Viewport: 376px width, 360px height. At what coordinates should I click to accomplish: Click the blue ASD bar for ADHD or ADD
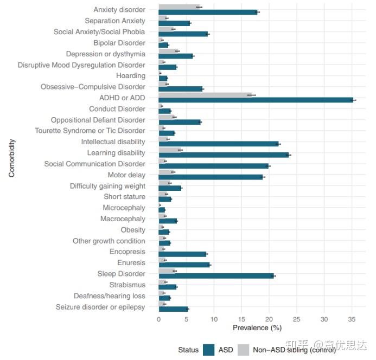(256, 100)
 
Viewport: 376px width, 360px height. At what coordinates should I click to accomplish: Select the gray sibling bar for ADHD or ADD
(205, 95)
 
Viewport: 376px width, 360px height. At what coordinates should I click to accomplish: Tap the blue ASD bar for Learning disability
(224, 155)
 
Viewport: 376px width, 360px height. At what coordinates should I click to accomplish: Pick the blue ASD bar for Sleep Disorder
(216, 276)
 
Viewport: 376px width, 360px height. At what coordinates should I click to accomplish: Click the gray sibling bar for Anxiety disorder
(179, 7)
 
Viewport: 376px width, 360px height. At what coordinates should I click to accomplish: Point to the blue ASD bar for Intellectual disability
(219, 144)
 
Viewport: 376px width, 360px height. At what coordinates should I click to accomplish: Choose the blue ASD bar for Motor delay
(211, 177)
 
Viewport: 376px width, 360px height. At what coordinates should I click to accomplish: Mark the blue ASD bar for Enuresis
(184, 265)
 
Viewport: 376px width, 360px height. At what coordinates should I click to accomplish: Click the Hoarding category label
(131, 76)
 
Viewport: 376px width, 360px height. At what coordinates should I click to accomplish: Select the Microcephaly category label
(124, 208)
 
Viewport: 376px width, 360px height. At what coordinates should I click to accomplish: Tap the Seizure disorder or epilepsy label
(100, 307)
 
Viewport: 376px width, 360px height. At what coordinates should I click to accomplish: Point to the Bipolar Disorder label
(119, 43)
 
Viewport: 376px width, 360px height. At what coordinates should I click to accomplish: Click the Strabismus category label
(128, 285)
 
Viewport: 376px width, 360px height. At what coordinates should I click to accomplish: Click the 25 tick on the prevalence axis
(297, 319)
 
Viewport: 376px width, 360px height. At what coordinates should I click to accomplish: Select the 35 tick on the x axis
(352, 319)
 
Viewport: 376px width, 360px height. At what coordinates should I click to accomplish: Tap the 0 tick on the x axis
(159, 319)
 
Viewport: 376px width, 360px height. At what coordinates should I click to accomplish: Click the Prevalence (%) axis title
(257, 327)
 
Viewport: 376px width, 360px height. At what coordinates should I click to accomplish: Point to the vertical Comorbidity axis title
(11, 158)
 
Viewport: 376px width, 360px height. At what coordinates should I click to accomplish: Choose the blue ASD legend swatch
(209, 350)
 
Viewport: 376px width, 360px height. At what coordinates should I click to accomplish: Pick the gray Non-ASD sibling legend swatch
(244, 350)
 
